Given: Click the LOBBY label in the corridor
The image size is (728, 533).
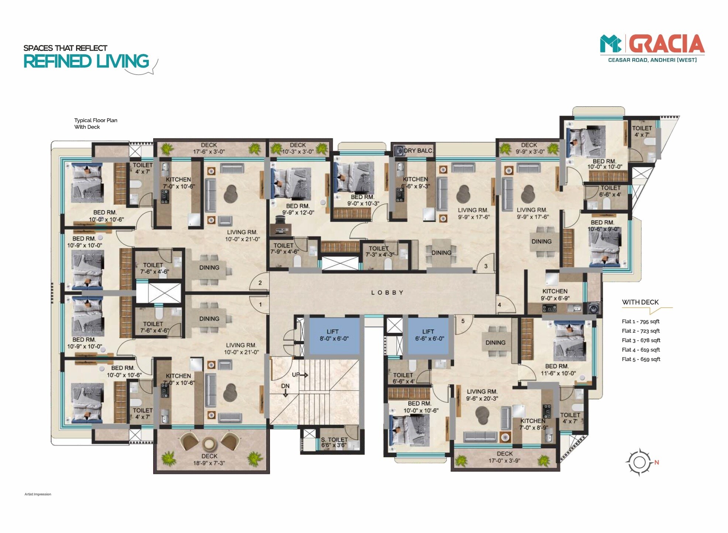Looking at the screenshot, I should coord(387,293).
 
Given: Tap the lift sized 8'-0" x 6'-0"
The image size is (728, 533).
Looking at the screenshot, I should coord(334,335).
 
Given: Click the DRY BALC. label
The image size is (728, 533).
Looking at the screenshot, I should coord(418,151).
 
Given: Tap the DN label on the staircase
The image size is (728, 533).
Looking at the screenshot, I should coord(285,386).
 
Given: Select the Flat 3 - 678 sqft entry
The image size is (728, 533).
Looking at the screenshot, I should coord(641,340).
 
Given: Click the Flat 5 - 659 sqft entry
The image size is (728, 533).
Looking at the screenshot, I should coord(641,359).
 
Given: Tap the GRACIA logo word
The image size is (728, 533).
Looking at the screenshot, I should coord(667,44).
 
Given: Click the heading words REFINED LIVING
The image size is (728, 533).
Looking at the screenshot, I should coord(86,61).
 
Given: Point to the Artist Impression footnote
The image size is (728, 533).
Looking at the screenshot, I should coord(38,494).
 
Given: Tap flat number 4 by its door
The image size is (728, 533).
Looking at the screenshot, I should coord(499,305).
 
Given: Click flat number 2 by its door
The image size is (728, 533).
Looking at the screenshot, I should coord(260,283).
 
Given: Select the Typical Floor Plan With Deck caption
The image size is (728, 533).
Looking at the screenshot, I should coord(96,123).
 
